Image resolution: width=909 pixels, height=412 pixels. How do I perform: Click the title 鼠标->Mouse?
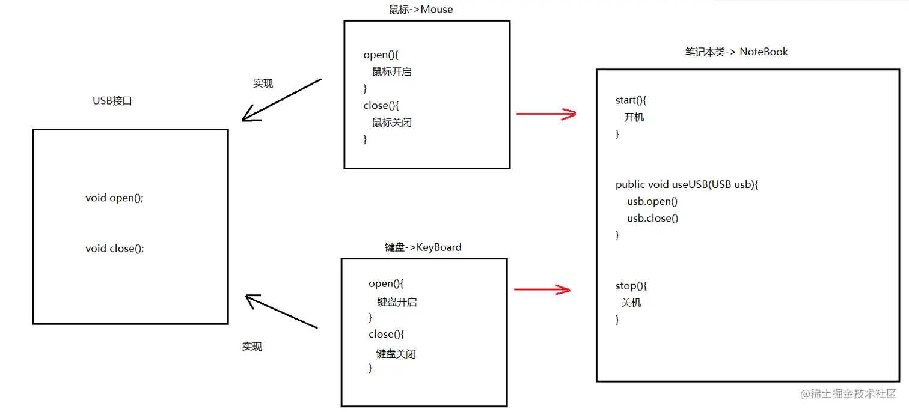point(421,10)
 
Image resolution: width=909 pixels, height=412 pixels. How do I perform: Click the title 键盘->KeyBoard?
point(423,247)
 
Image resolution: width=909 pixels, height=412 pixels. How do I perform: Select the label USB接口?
point(112,101)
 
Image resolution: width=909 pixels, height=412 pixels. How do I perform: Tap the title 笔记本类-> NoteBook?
point(736,52)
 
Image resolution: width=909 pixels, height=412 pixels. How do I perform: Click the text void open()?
point(115,198)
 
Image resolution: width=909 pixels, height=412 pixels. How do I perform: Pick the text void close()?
point(115,248)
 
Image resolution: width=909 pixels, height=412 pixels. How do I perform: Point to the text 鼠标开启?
point(392,72)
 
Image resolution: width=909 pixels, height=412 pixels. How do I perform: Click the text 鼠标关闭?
point(392,123)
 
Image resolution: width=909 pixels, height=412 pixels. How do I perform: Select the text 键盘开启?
point(397,302)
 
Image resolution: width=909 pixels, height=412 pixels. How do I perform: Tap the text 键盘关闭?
point(396,354)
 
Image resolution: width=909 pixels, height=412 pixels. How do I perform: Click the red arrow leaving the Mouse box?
point(546,113)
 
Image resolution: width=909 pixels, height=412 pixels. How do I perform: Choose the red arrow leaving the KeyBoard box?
point(542,290)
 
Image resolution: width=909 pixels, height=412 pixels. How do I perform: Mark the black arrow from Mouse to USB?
point(281,100)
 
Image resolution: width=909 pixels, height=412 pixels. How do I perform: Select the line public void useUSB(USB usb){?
point(687,184)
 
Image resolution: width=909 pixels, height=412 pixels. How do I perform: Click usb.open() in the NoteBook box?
point(652,201)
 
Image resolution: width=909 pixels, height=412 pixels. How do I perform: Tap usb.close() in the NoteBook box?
point(652,218)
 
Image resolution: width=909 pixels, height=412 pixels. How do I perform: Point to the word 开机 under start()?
point(634,117)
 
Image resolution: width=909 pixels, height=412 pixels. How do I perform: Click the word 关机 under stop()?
point(631,303)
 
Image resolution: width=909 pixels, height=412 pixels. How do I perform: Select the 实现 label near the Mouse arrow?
point(263,83)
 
